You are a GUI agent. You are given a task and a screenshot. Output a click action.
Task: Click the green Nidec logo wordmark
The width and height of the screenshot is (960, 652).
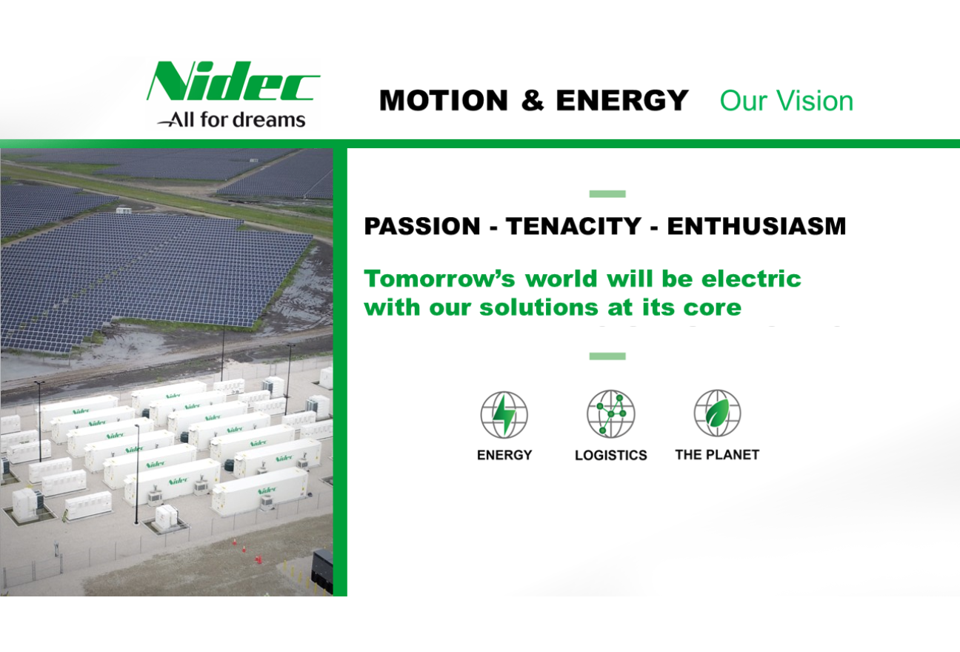233,81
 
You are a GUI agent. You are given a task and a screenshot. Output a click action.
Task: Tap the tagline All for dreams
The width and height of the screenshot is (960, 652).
231,119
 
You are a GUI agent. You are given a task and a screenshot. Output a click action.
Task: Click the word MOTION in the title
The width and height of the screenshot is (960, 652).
444,101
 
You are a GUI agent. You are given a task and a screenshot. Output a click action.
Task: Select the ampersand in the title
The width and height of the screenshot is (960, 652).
533,101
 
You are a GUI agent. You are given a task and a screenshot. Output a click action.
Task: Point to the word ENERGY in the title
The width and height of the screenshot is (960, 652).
622,101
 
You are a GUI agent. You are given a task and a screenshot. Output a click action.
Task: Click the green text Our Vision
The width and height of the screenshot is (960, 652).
787,102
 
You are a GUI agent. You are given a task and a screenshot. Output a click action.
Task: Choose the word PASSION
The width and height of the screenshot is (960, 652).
422,226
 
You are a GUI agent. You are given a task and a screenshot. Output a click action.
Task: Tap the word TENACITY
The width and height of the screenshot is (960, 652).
573,226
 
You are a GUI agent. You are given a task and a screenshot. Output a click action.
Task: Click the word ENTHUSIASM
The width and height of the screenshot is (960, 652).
756,226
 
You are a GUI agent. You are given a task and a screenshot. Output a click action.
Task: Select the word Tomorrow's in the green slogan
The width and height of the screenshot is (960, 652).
439,279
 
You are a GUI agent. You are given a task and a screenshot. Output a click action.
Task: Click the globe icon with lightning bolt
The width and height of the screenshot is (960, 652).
504,414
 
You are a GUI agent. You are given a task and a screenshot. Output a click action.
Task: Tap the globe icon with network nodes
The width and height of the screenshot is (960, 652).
610,413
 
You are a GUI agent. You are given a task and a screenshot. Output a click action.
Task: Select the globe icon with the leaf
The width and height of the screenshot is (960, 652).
717,413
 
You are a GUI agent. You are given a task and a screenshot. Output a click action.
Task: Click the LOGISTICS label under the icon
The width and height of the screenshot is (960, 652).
610,455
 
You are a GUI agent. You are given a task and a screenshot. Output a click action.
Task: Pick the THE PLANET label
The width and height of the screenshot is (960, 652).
717,455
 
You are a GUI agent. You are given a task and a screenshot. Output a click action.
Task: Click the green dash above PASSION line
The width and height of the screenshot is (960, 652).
607,194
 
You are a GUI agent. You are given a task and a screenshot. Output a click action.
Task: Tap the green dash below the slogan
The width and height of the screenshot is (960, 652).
607,356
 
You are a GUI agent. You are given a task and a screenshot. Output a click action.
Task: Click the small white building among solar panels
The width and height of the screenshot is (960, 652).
124,210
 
